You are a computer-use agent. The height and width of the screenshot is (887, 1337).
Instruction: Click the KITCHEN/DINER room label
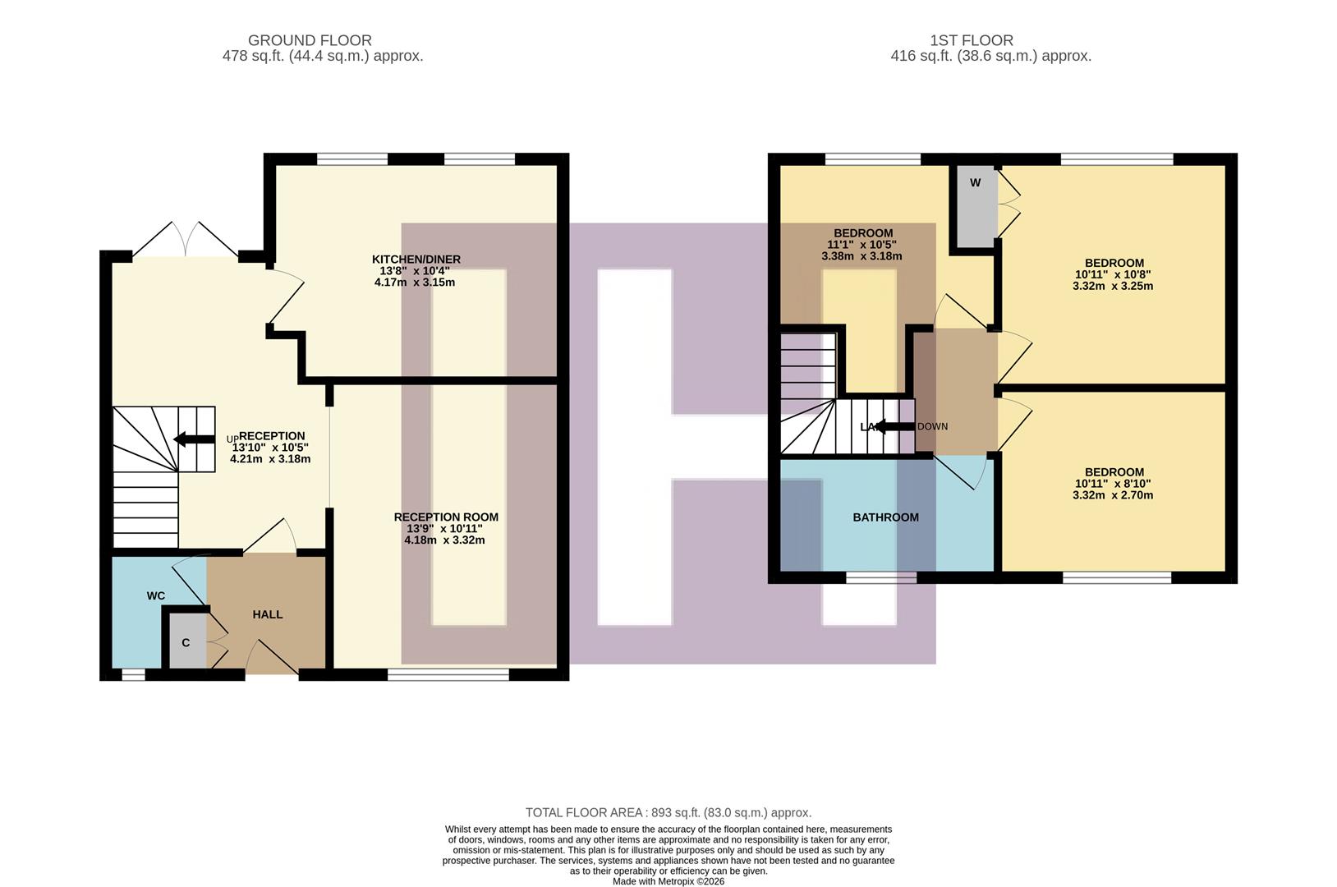[416, 260]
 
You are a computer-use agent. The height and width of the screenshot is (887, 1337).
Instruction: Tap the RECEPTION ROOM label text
[446, 517]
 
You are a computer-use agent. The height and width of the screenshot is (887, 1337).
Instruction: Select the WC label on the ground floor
[156, 595]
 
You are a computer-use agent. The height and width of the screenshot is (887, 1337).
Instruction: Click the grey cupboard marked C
[186, 642]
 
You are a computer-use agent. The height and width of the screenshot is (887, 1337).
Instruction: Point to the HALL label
[268, 614]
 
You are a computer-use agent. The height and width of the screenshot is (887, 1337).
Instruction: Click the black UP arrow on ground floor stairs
[195, 439]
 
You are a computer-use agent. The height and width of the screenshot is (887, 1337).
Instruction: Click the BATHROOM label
[885, 517]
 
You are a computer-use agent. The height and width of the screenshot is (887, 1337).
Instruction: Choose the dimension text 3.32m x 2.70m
[1113, 495]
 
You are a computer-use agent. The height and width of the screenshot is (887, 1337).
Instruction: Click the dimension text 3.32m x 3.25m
[1113, 287]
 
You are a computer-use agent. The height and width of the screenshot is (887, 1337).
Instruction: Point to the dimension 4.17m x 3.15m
[415, 283]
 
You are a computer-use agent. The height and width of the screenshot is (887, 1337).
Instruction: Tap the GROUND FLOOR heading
[310, 40]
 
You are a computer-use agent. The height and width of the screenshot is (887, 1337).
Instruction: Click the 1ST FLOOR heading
[972, 40]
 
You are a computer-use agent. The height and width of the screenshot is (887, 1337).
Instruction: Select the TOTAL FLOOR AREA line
[668, 813]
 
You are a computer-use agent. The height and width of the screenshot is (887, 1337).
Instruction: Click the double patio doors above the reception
[186, 240]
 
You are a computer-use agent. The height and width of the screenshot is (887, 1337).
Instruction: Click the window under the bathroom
[881, 578]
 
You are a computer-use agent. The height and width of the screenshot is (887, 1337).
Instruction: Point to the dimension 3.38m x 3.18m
[861, 256]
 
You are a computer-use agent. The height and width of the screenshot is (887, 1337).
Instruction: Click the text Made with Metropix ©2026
[668, 881]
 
